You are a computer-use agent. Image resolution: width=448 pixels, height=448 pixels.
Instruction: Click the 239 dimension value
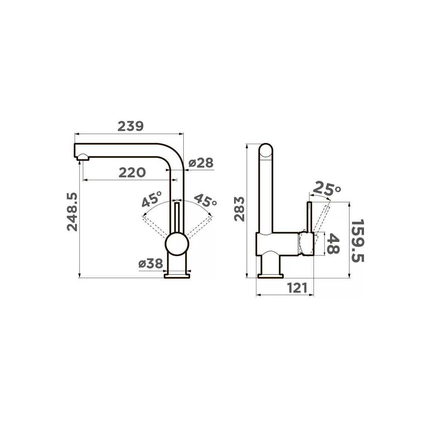(130, 126)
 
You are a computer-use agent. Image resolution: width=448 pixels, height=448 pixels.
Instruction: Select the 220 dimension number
(132, 173)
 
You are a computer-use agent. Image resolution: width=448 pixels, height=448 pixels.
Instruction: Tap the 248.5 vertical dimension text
(72, 212)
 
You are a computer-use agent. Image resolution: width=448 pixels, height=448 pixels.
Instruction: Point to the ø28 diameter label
(201, 163)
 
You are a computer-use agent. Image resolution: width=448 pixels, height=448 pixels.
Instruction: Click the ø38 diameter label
(151, 264)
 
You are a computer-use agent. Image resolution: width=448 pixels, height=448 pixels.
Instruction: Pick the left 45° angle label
(152, 199)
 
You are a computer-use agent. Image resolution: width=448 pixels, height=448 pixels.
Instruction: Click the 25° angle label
(326, 189)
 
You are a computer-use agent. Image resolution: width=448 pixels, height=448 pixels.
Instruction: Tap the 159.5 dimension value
(357, 241)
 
